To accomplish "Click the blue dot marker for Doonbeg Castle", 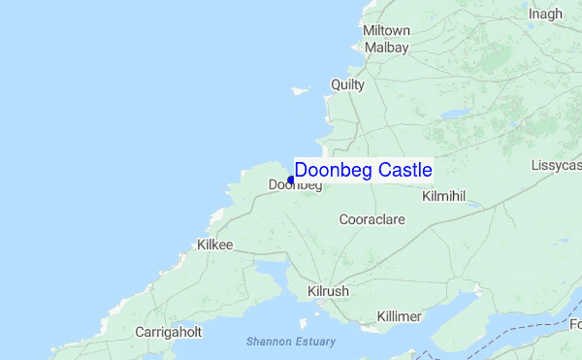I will click(x=291, y=180).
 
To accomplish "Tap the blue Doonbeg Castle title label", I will click(x=363, y=170).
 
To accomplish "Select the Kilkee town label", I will click(x=214, y=245).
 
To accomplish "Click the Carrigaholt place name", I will click(x=168, y=332).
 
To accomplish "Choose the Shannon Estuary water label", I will click(x=290, y=342).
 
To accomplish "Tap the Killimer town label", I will click(x=400, y=316).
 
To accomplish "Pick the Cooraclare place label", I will click(x=372, y=220).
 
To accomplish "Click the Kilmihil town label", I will click(x=445, y=196).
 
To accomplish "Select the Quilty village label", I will click(x=347, y=84).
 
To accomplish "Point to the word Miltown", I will click(x=386, y=31).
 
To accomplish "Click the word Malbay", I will click(x=386, y=47).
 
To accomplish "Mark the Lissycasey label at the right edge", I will click(x=556, y=166).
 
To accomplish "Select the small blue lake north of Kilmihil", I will click(x=453, y=114).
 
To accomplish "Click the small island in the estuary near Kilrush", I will click(x=303, y=323).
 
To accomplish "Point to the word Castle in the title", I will click(x=405, y=170).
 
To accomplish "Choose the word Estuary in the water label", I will click(x=314, y=342).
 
